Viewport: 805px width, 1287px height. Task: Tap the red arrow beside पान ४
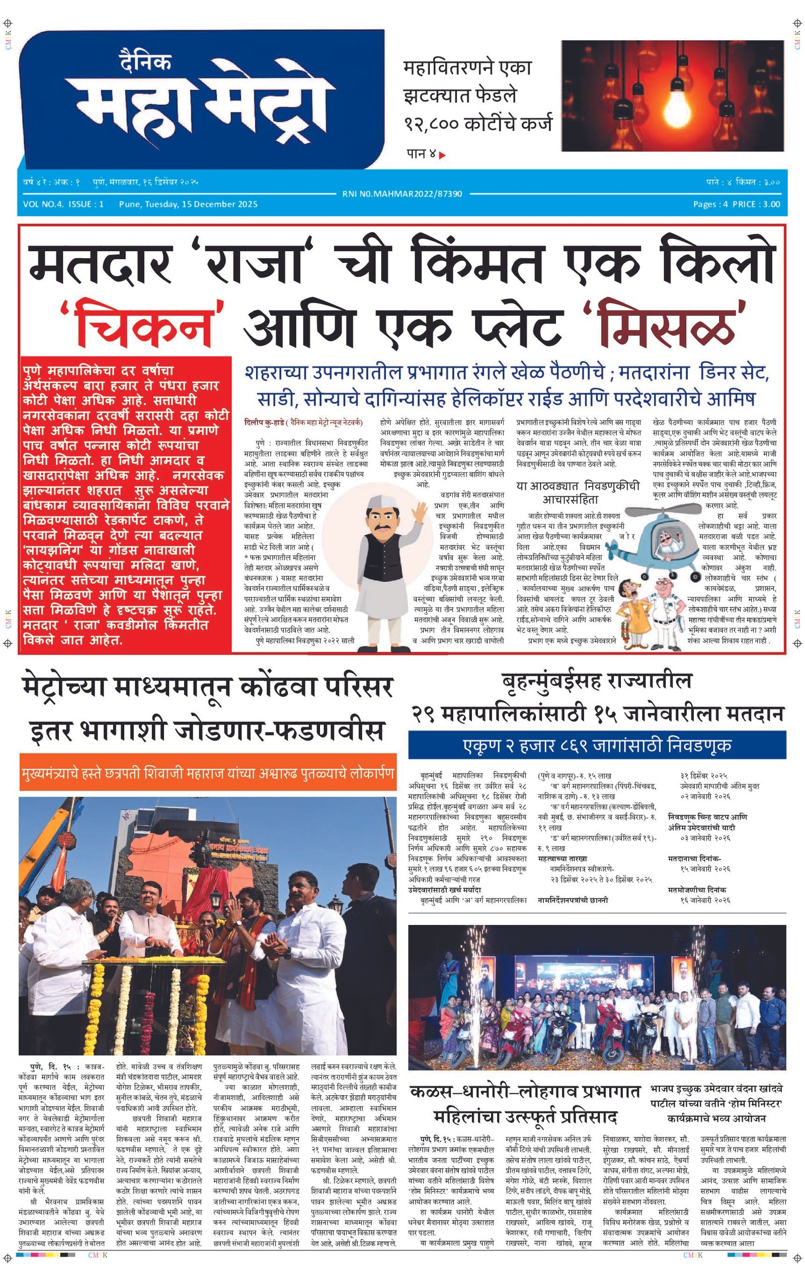click(x=442, y=155)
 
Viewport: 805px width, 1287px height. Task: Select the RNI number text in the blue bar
click(x=402, y=194)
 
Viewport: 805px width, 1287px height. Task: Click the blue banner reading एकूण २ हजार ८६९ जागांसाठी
click(x=596, y=745)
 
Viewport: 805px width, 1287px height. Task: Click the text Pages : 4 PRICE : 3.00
click(x=736, y=204)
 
